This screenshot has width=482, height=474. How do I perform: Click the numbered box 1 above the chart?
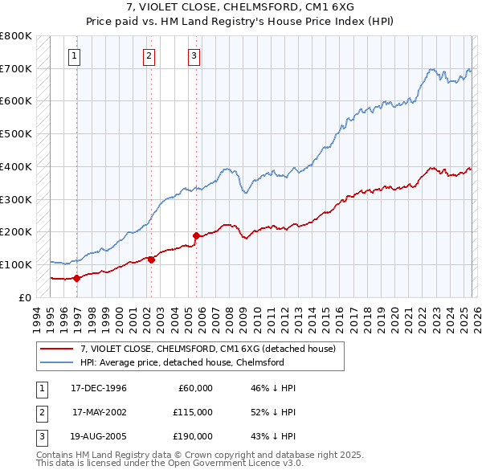(x=74, y=55)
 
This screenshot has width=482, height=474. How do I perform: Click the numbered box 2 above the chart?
(x=149, y=55)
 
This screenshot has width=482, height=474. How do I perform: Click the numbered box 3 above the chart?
(x=194, y=55)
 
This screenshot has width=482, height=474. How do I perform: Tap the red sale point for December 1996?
(x=77, y=278)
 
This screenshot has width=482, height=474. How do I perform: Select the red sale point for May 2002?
(x=151, y=259)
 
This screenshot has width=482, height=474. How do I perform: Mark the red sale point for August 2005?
(x=196, y=235)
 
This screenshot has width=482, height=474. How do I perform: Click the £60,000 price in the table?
(x=195, y=388)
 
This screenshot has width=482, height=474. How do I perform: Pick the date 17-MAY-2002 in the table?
(x=100, y=412)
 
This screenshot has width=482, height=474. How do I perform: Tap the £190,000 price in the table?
(x=193, y=436)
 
